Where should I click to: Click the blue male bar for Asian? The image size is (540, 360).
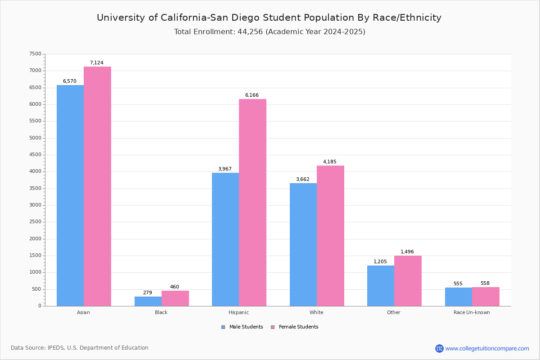click(70, 195)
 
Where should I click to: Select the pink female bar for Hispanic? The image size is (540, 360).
click(252, 202)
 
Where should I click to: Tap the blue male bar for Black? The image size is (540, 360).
click(148, 301)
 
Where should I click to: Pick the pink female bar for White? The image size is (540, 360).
click(330, 236)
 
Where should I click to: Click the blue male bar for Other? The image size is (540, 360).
click(381, 286)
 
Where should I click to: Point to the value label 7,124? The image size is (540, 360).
click(97, 63)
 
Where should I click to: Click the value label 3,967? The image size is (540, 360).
click(225, 169)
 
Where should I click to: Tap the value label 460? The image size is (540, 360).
click(175, 287)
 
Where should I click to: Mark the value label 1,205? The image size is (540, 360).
click(380, 262)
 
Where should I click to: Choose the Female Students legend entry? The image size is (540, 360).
click(295, 327)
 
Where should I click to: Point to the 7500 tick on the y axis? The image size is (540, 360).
click(35, 54)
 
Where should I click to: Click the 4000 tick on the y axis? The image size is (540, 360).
click(35, 171)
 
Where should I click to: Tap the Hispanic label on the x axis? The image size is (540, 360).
click(238, 312)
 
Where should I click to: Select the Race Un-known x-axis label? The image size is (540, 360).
click(472, 312)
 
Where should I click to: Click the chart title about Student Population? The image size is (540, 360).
click(269, 18)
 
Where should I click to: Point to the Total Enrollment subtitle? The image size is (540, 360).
click(270, 32)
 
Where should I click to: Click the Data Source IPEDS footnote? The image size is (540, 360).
click(80, 348)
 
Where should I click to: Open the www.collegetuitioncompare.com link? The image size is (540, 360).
click(487, 348)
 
